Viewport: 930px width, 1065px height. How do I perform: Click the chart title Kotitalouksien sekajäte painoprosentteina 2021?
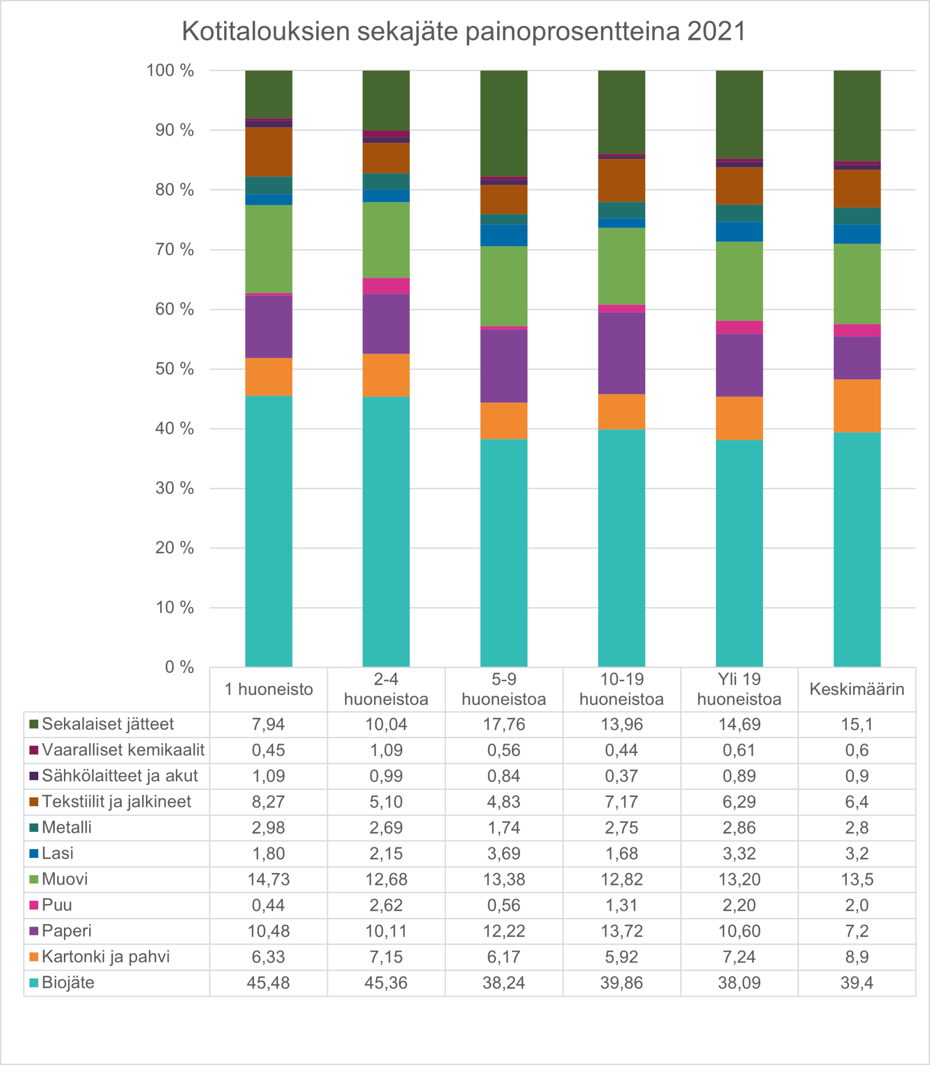464,31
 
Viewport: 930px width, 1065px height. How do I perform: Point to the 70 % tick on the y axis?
174,249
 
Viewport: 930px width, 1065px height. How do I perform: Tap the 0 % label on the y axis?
179,667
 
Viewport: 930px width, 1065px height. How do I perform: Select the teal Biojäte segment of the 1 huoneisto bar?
268,531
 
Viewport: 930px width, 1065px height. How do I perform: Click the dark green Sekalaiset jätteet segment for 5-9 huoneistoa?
503,123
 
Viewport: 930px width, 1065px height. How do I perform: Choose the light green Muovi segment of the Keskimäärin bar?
857,284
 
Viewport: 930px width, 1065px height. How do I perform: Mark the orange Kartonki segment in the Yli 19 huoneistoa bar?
739,419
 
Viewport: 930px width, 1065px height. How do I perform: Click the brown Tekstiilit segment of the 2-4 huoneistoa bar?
386,158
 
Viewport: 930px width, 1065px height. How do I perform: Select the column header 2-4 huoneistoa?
386,689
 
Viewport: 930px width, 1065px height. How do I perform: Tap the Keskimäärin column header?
857,689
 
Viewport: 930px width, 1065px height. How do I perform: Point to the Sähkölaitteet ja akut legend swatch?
34,776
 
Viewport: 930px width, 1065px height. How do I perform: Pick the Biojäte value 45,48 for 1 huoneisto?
268,983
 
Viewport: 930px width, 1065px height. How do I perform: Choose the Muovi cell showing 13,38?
503,879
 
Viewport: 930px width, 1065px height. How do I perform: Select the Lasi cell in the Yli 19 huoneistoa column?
739,854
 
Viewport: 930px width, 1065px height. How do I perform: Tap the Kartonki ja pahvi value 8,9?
857,957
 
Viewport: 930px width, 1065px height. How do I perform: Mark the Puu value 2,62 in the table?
386,905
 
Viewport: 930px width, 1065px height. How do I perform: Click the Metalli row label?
66,827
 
